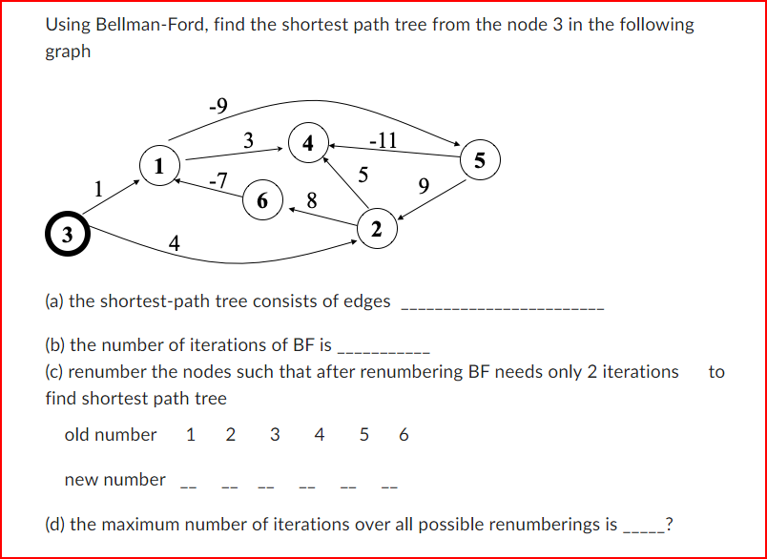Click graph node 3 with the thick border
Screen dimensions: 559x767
coord(66,234)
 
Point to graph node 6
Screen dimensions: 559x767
coord(262,199)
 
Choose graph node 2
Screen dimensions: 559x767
coord(377,229)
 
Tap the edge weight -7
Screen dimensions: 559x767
coord(218,178)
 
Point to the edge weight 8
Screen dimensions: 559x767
coord(312,200)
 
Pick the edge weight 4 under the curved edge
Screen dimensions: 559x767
coord(174,244)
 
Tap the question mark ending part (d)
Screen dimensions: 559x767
coord(671,524)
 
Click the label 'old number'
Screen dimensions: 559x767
coord(111,435)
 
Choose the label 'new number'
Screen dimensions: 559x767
coord(115,480)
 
